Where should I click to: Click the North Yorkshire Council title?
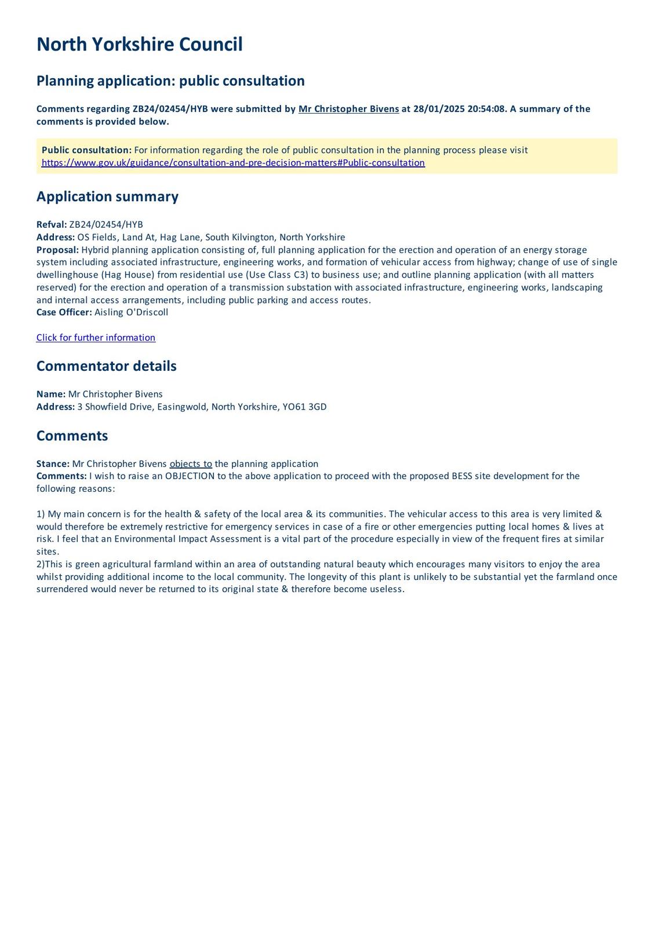pyautogui.click(x=139, y=45)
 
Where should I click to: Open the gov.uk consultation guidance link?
pyautogui.click(x=233, y=163)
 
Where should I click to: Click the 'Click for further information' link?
pyautogui.click(x=96, y=338)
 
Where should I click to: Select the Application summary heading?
pyautogui.click(x=107, y=196)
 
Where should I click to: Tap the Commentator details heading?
pyautogui.click(x=106, y=366)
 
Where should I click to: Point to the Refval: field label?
pyautogui.click(x=52, y=225)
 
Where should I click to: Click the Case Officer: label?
pyautogui.click(x=64, y=312)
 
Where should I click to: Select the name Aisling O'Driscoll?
pyautogui.click(x=131, y=312)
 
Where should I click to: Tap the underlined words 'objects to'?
pyautogui.click(x=191, y=464)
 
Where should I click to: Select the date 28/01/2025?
pyautogui.click(x=439, y=109)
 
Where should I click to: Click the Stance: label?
pyautogui.click(x=53, y=464)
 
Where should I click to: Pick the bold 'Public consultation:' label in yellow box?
pyautogui.click(x=86, y=150)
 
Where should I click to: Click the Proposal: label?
pyautogui.click(x=57, y=250)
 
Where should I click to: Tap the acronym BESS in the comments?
pyautogui.click(x=462, y=476)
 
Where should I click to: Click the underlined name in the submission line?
pyautogui.click(x=348, y=109)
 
